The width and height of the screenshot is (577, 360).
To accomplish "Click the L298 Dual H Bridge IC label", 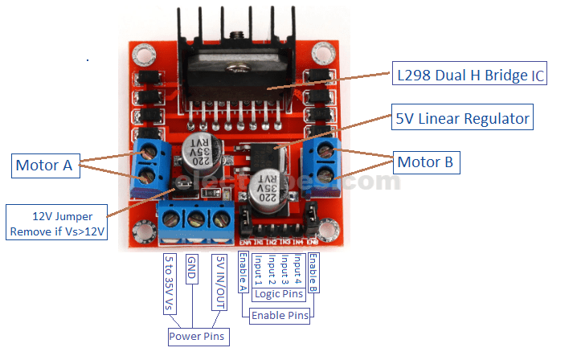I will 470,77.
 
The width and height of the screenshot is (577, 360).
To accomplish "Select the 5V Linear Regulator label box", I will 462,119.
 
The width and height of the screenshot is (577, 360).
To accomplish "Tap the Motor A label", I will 43,166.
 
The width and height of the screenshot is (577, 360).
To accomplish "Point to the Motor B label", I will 425,162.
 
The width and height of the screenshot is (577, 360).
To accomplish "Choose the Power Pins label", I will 197,336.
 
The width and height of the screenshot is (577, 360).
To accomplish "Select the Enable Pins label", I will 280,316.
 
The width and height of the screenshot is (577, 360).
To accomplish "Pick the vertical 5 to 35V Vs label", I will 167,281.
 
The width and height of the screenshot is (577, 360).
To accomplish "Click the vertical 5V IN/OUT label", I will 219,281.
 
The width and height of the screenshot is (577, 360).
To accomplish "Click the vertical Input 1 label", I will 257,271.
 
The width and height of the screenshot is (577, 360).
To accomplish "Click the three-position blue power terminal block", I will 195,218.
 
